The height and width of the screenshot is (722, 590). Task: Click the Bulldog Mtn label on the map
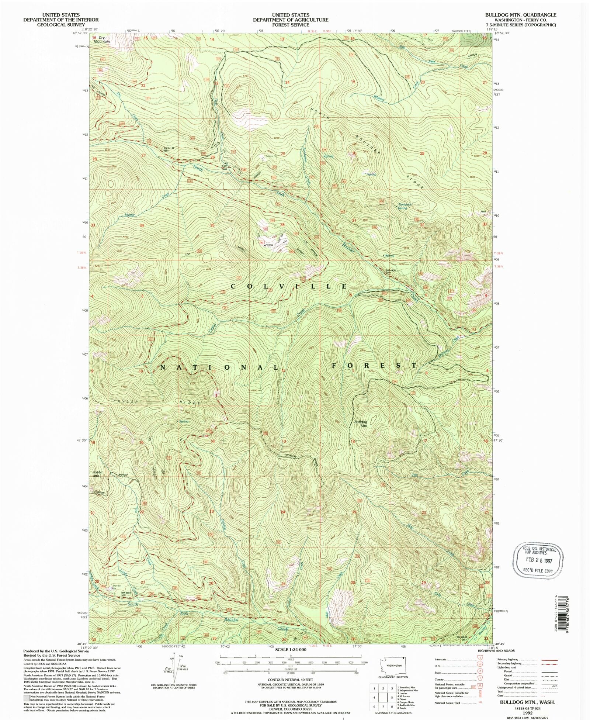[x=361, y=423]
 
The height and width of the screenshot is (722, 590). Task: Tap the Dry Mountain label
[x=101, y=39]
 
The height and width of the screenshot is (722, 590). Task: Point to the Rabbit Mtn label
[x=97, y=474]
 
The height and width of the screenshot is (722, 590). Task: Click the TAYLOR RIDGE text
[x=157, y=402]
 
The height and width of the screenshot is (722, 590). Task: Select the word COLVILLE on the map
[x=289, y=286]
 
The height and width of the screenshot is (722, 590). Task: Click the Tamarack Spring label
[x=405, y=206]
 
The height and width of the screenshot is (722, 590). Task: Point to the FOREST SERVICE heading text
[x=290, y=25]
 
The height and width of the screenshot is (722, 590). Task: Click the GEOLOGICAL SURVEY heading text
[x=61, y=25]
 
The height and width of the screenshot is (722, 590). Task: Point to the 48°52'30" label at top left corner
[x=80, y=33]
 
